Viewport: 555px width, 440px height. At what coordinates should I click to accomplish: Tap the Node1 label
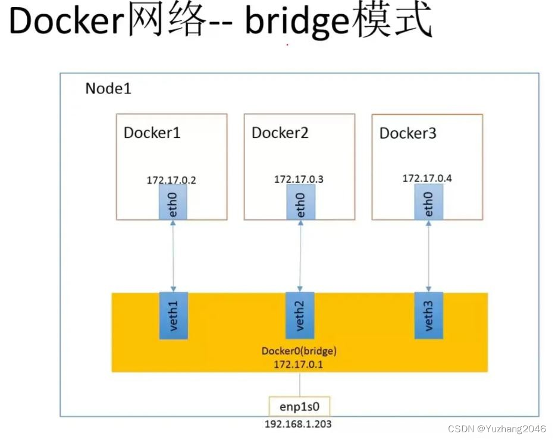tap(108, 89)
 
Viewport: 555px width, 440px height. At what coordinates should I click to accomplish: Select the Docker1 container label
tap(152, 132)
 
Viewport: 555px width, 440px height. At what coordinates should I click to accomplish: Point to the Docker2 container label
tap(280, 132)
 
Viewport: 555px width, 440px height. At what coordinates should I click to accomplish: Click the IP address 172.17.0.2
tap(172, 180)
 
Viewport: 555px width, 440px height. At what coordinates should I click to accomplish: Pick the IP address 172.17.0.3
tap(299, 179)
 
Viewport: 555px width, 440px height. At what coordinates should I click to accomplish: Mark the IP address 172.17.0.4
tap(427, 178)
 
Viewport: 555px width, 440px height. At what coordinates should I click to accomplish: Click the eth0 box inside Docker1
tap(173, 202)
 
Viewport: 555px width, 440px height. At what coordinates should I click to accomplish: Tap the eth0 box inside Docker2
tap(300, 202)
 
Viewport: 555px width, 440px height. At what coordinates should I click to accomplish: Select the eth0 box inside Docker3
tap(428, 201)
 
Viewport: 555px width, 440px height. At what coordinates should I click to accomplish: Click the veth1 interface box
tap(173, 316)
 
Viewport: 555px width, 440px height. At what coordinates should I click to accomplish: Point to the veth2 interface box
tap(300, 316)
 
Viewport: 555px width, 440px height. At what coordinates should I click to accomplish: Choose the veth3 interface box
tap(428, 315)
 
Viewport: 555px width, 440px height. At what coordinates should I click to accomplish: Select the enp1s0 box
tap(299, 407)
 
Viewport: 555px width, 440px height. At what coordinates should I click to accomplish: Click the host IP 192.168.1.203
tap(299, 425)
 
